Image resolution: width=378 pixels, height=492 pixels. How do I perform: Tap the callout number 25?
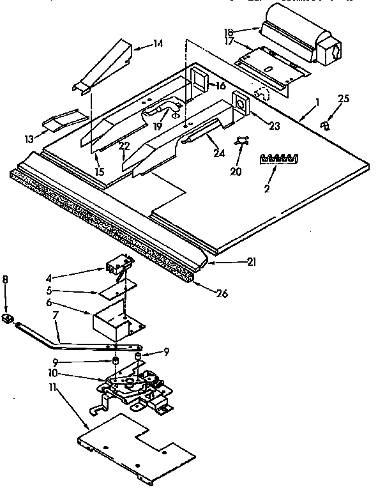pyautogui.click(x=344, y=98)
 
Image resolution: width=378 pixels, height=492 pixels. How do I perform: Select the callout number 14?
pyautogui.click(x=158, y=43)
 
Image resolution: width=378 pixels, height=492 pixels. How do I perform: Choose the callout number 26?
pyautogui.click(x=222, y=293)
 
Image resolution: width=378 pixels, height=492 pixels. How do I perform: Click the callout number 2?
pyautogui.click(x=267, y=188)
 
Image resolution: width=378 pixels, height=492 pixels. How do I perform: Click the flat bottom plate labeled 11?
pyautogui.click(x=137, y=444)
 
